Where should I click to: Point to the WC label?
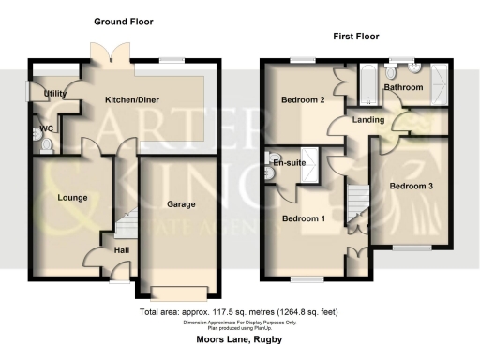click(45, 129)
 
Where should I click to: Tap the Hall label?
click(121, 250)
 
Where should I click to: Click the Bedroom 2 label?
click(303, 99)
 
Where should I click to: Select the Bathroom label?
click(404, 87)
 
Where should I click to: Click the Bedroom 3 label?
click(411, 186)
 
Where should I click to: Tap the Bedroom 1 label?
click(304, 219)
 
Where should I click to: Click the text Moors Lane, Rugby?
click(240, 340)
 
